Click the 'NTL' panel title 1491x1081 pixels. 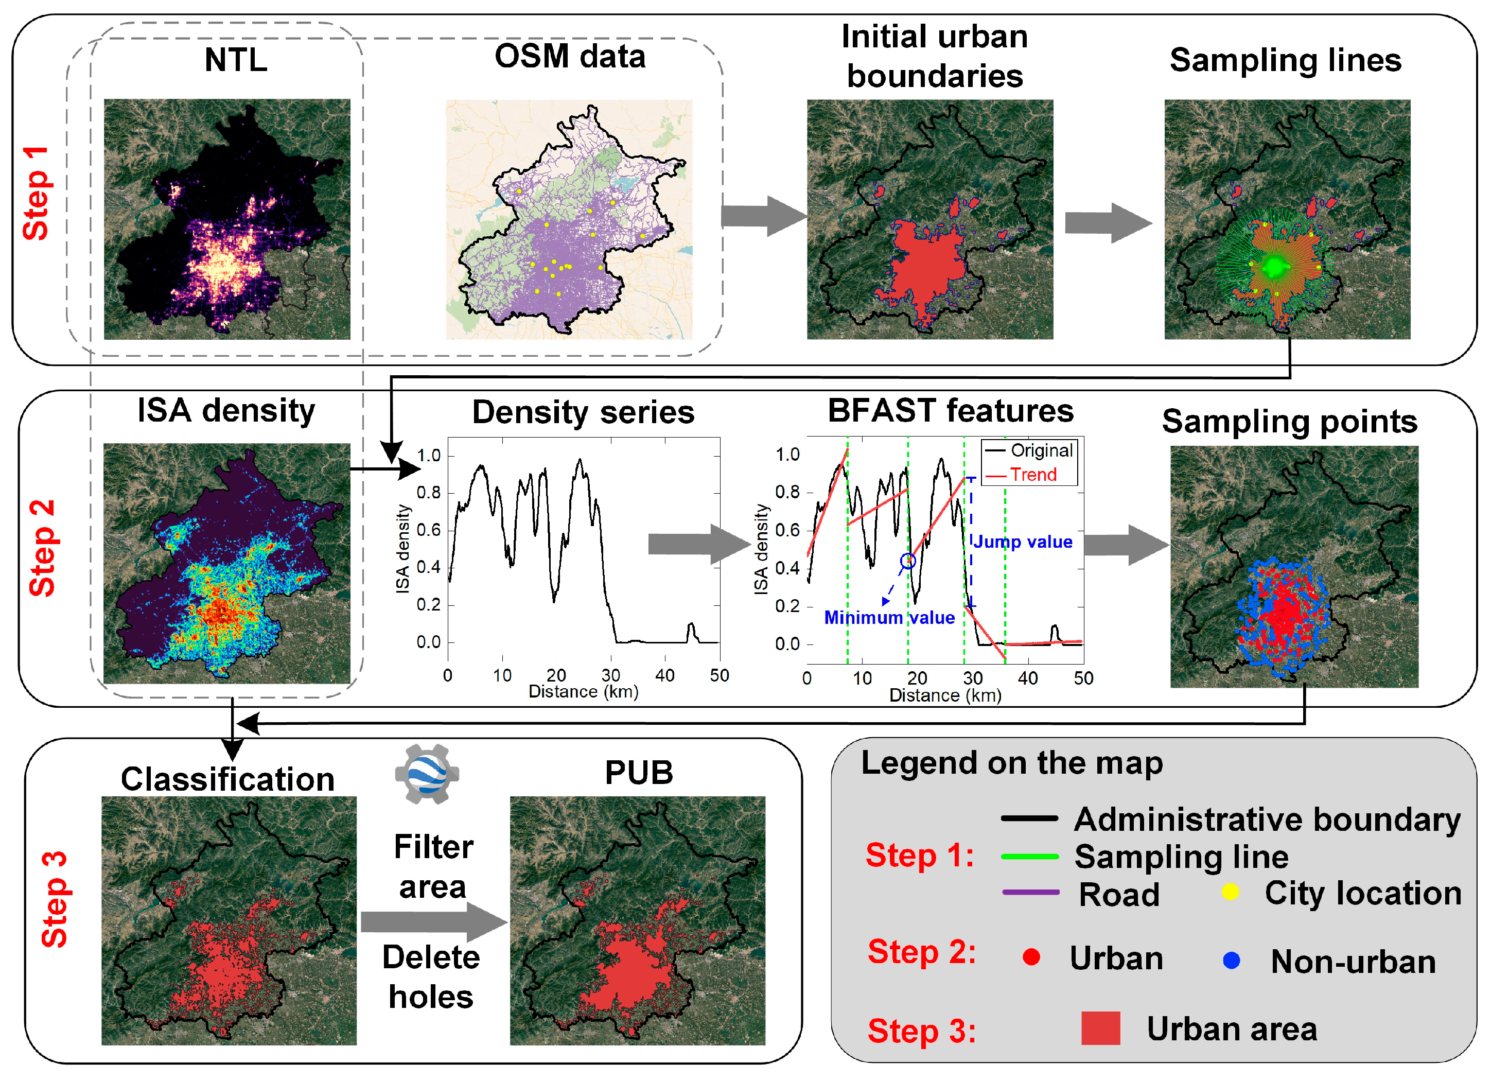point(235,60)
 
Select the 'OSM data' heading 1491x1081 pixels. point(569,56)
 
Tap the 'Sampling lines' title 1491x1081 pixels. point(1285,60)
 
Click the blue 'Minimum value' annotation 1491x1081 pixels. point(889,617)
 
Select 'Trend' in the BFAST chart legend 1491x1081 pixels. point(1033,474)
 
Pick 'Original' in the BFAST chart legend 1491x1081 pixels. point(1041,450)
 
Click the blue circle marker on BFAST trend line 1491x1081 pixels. point(908,561)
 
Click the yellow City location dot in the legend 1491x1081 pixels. point(1230,892)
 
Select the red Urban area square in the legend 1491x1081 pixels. point(1100,1028)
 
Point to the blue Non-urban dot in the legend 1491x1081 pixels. point(1231,961)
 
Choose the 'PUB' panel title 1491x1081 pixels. point(638,772)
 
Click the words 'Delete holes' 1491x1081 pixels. point(431,977)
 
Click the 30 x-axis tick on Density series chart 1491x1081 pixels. point(610,675)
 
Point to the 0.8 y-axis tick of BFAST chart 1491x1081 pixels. point(787,492)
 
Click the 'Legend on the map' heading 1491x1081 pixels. point(1012,763)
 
